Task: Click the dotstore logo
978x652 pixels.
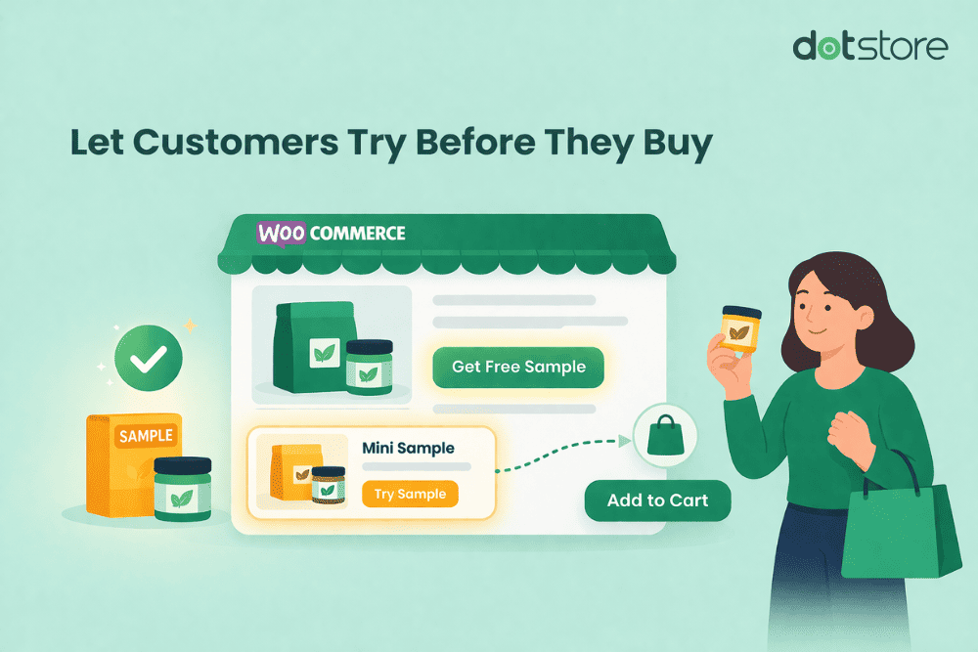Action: (x=869, y=47)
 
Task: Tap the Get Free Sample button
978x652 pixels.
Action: (x=518, y=368)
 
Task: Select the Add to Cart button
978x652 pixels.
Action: (x=656, y=500)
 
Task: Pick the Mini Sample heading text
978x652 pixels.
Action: (x=408, y=448)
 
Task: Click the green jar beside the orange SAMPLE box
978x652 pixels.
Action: (x=183, y=489)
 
